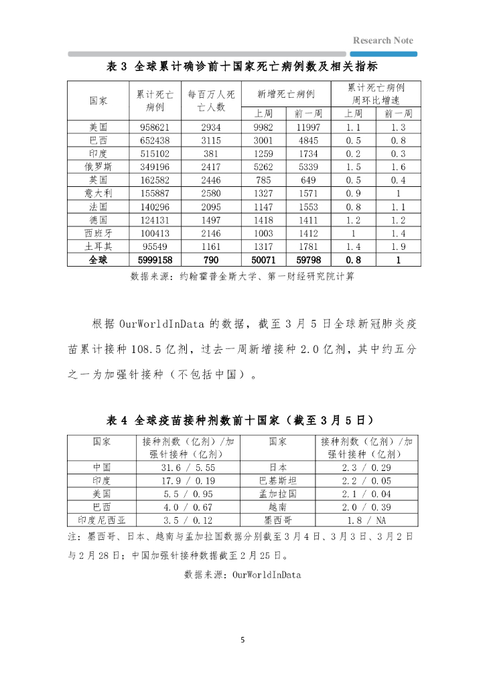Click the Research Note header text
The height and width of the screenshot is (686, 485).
(383, 40)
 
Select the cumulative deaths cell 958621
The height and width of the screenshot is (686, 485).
(155, 127)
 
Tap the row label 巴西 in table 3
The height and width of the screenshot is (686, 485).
(98, 141)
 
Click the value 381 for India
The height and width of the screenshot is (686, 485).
(211, 153)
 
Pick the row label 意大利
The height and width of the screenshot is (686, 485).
(98, 193)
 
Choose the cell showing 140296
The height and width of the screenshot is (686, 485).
(155, 206)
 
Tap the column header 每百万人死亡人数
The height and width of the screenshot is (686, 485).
(211, 100)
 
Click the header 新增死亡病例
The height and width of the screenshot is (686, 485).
(286, 94)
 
